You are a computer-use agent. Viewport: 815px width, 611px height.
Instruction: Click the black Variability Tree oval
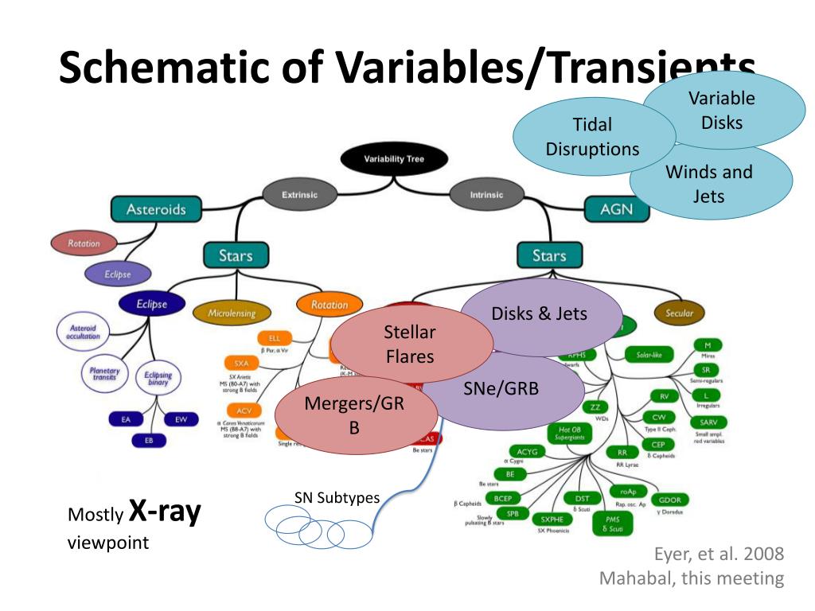click(394, 159)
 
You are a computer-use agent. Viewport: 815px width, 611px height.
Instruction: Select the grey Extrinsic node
click(299, 194)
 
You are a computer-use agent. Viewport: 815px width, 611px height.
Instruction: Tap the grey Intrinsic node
click(486, 194)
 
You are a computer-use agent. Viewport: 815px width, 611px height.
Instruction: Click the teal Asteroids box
click(157, 209)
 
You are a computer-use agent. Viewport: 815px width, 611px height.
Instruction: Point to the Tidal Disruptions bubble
click(592, 137)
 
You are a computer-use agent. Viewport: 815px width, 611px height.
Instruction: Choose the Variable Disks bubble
click(723, 110)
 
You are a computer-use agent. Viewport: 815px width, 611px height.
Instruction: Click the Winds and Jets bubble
click(710, 183)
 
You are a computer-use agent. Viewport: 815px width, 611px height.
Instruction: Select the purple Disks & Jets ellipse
click(539, 314)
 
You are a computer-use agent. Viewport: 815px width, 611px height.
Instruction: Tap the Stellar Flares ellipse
click(410, 344)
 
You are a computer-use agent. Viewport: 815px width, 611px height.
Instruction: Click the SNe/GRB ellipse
click(501, 389)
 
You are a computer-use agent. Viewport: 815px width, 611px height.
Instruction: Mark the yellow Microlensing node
click(232, 313)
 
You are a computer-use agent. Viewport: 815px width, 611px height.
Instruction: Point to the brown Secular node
click(680, 313)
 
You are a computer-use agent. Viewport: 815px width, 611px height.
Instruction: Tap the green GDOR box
click(669, 500)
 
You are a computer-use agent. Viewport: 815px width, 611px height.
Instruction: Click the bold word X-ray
click(165, 512)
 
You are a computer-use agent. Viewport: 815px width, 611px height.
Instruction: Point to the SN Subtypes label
click(337, 498)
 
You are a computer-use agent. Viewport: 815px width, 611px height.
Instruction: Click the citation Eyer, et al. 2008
click(719, 554)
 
